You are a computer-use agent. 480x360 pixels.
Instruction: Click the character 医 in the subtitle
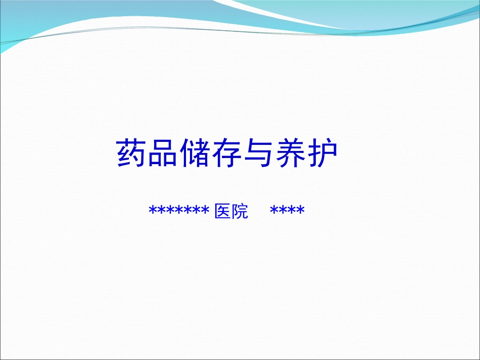[x=223, y=211]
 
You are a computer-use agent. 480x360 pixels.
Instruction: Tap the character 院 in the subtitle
[x=239, y=211]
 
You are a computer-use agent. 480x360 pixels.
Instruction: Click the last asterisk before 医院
[x=206, y=210]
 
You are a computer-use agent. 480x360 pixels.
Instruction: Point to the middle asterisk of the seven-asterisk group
[x=180, y=210]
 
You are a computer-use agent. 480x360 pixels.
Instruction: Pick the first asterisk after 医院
[x=275, y=210]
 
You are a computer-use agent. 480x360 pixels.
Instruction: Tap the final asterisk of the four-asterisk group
[x=301, y=210]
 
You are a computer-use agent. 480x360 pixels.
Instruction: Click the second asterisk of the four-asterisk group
[x=283, y=210]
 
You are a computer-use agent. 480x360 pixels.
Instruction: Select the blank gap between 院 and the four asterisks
[x=259, y=211]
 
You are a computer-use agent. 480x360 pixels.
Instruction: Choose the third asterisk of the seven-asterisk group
[x=171, y=210]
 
